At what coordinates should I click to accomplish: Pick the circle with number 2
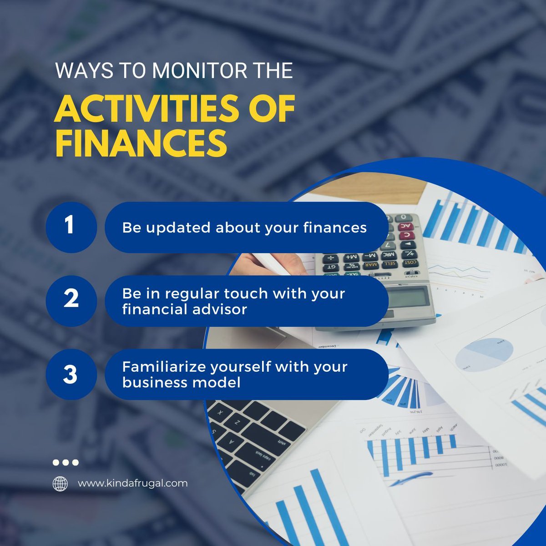pos(71,301)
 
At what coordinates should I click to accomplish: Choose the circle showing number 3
pos(71,374)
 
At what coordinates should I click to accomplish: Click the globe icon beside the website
pos(60,483)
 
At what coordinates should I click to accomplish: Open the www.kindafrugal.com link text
pos(132,483)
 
